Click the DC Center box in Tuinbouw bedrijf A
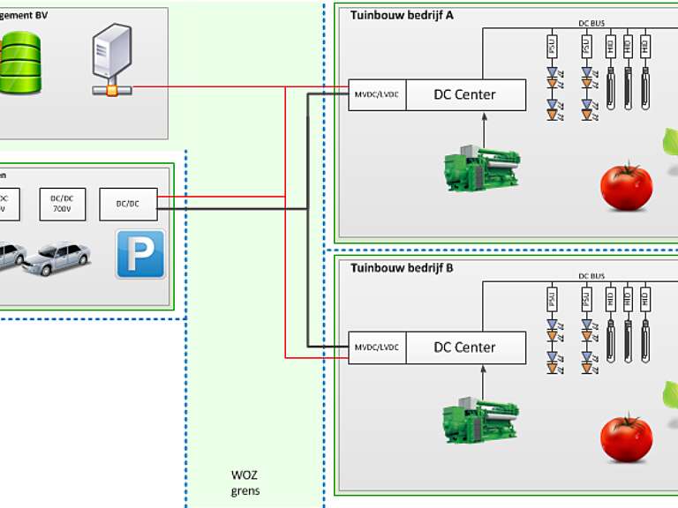(464, 95)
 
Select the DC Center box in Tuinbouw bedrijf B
(464, 347)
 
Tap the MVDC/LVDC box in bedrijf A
(377, 95)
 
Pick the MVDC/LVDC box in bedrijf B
(377, 347)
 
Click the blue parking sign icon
(140, 254)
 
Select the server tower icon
(112, 58)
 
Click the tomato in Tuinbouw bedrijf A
(626, 186)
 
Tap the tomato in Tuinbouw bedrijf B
(626, 438)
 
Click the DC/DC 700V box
(63, 204)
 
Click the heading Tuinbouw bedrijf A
(402, 15)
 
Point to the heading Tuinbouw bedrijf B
(402, 267)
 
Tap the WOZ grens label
(245, 482)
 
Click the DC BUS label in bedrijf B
(591, 275)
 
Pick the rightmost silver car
(58, 259)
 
